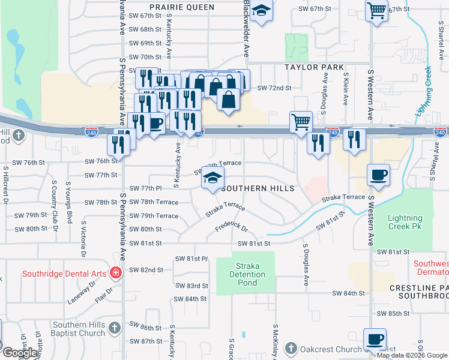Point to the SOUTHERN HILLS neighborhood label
(258, 188)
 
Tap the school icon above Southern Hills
(212, 178)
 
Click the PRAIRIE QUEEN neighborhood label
(182, 7)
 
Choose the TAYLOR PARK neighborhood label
(315, 67)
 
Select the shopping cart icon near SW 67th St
(376, 10)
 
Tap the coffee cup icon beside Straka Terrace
(378, 175)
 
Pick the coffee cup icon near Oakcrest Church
(375, 338)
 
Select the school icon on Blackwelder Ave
(261, 11)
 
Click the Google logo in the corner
(19, 353)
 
